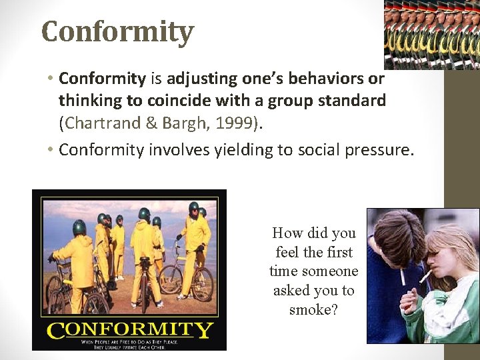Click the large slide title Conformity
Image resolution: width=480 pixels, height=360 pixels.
[x=117, y=31]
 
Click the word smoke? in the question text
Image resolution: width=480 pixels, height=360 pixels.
[x=313, y=309]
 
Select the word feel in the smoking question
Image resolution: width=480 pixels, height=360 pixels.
[x=287, y=252]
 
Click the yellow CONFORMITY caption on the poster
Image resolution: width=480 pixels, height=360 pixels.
[x=129, y=329]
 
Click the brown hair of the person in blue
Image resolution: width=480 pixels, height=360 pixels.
[x=393, y=230]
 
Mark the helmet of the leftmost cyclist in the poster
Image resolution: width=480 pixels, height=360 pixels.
[x=79, y=227]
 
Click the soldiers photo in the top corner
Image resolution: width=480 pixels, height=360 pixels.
[x=432, y=34]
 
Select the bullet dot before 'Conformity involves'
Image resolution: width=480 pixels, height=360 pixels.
[x=50, y=150]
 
